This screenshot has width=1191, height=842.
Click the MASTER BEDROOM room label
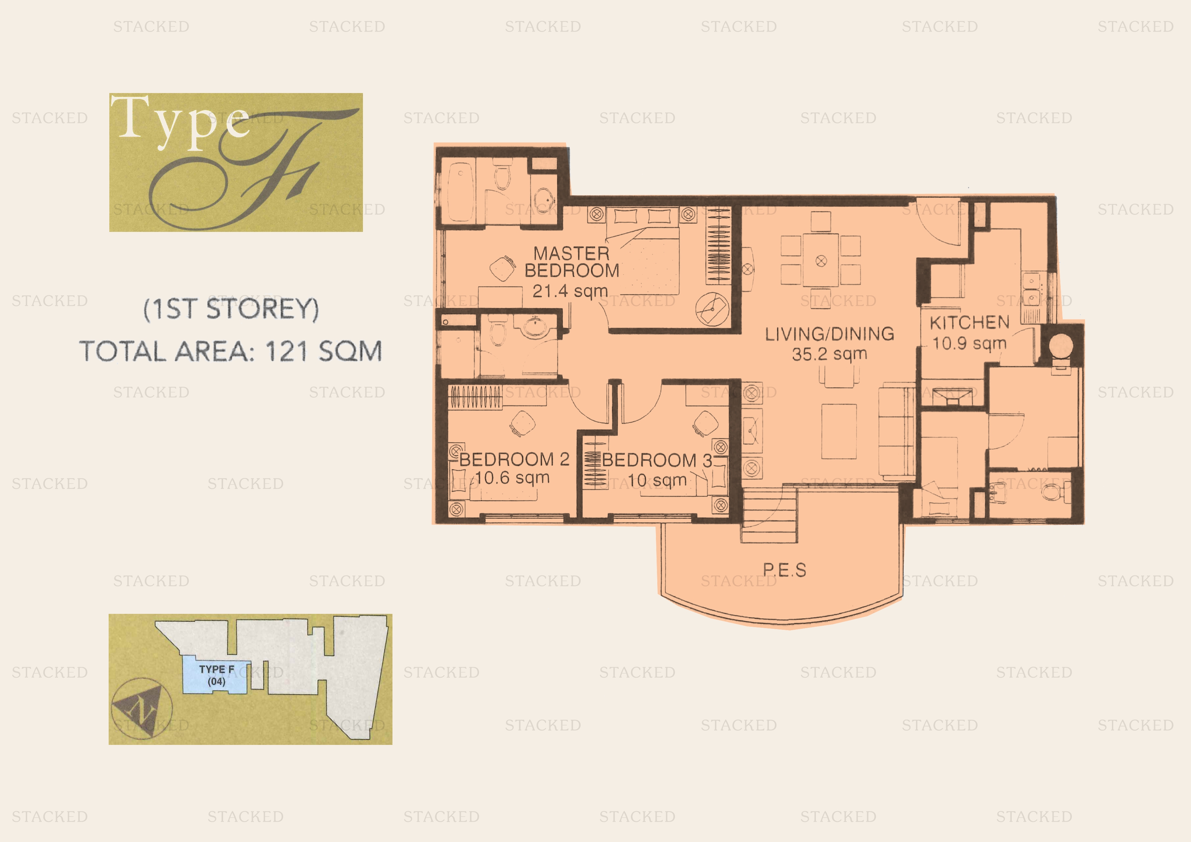click(572, 262)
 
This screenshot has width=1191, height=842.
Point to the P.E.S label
click(784, 570)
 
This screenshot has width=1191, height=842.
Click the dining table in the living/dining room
click(821, 260)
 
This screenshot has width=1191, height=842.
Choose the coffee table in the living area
click(839, 432)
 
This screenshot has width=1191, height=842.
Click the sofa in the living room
click(896, 432)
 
